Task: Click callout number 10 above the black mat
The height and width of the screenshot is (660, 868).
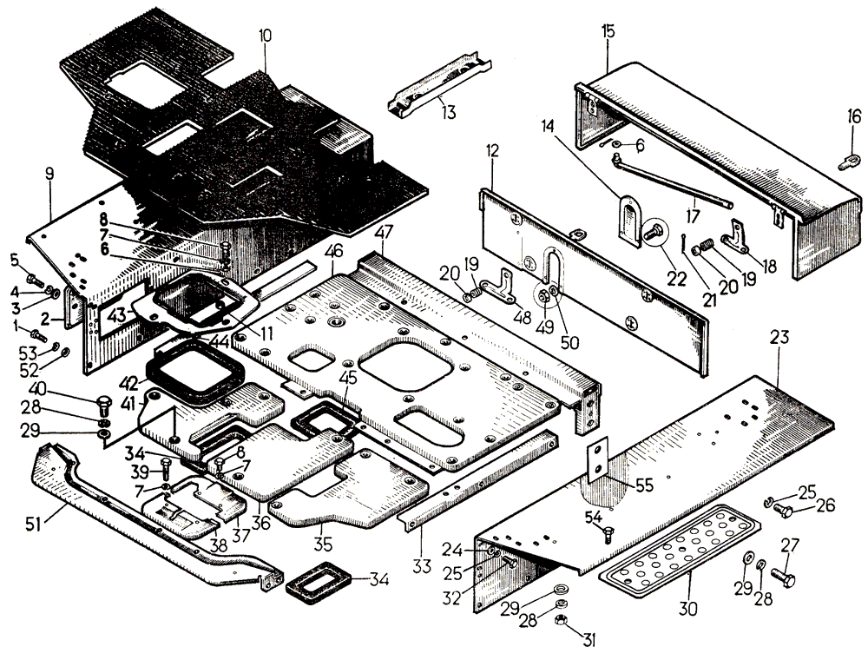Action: [x=265, y=38]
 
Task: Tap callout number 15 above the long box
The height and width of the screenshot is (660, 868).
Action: [x=607, y=30]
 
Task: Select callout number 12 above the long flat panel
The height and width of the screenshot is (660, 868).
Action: [x=492, y=152]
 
